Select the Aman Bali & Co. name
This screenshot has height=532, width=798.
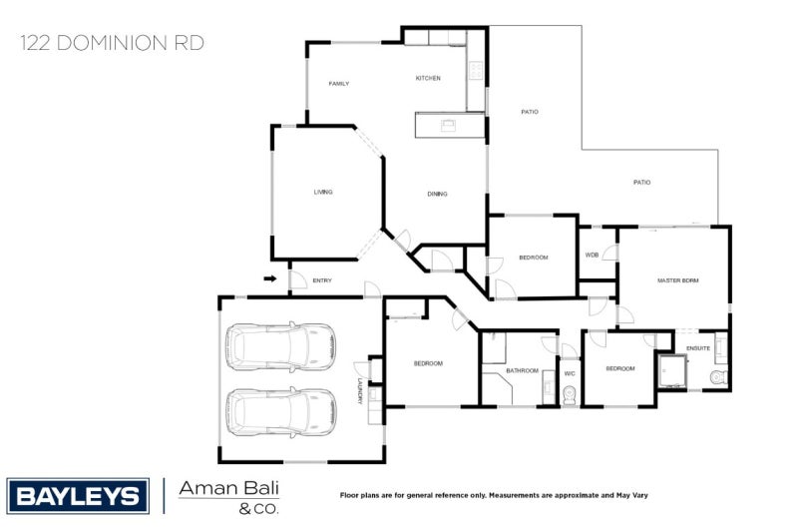(228, 496)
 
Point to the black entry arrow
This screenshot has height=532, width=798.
(269, 279)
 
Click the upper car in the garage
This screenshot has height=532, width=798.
(279, 346)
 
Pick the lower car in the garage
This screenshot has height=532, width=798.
(279, 411)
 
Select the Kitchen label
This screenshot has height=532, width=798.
(428, 78)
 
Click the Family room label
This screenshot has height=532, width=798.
(339, 84)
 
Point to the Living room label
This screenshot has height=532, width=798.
(322, 192)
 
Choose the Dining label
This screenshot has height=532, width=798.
(437, 194)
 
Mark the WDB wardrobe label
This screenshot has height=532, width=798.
(592, 255)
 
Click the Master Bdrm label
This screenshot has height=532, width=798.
(677, 280)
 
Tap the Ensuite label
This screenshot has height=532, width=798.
(698, 348)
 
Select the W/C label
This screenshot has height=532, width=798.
(570, 373)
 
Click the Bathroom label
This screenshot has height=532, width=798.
(522, 370)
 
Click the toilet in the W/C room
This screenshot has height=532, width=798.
(570, 395)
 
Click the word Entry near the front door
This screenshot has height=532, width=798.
(322, 280)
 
